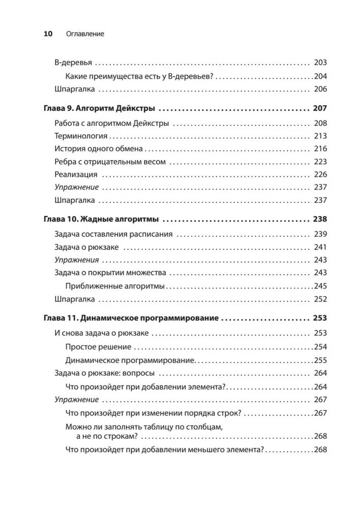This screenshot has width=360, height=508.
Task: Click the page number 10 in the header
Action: point(48,34)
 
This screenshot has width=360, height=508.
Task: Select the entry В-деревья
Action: point(73,63)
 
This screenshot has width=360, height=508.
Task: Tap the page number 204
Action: point(320,76)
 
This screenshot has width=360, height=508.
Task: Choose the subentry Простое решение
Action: point(99,346)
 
